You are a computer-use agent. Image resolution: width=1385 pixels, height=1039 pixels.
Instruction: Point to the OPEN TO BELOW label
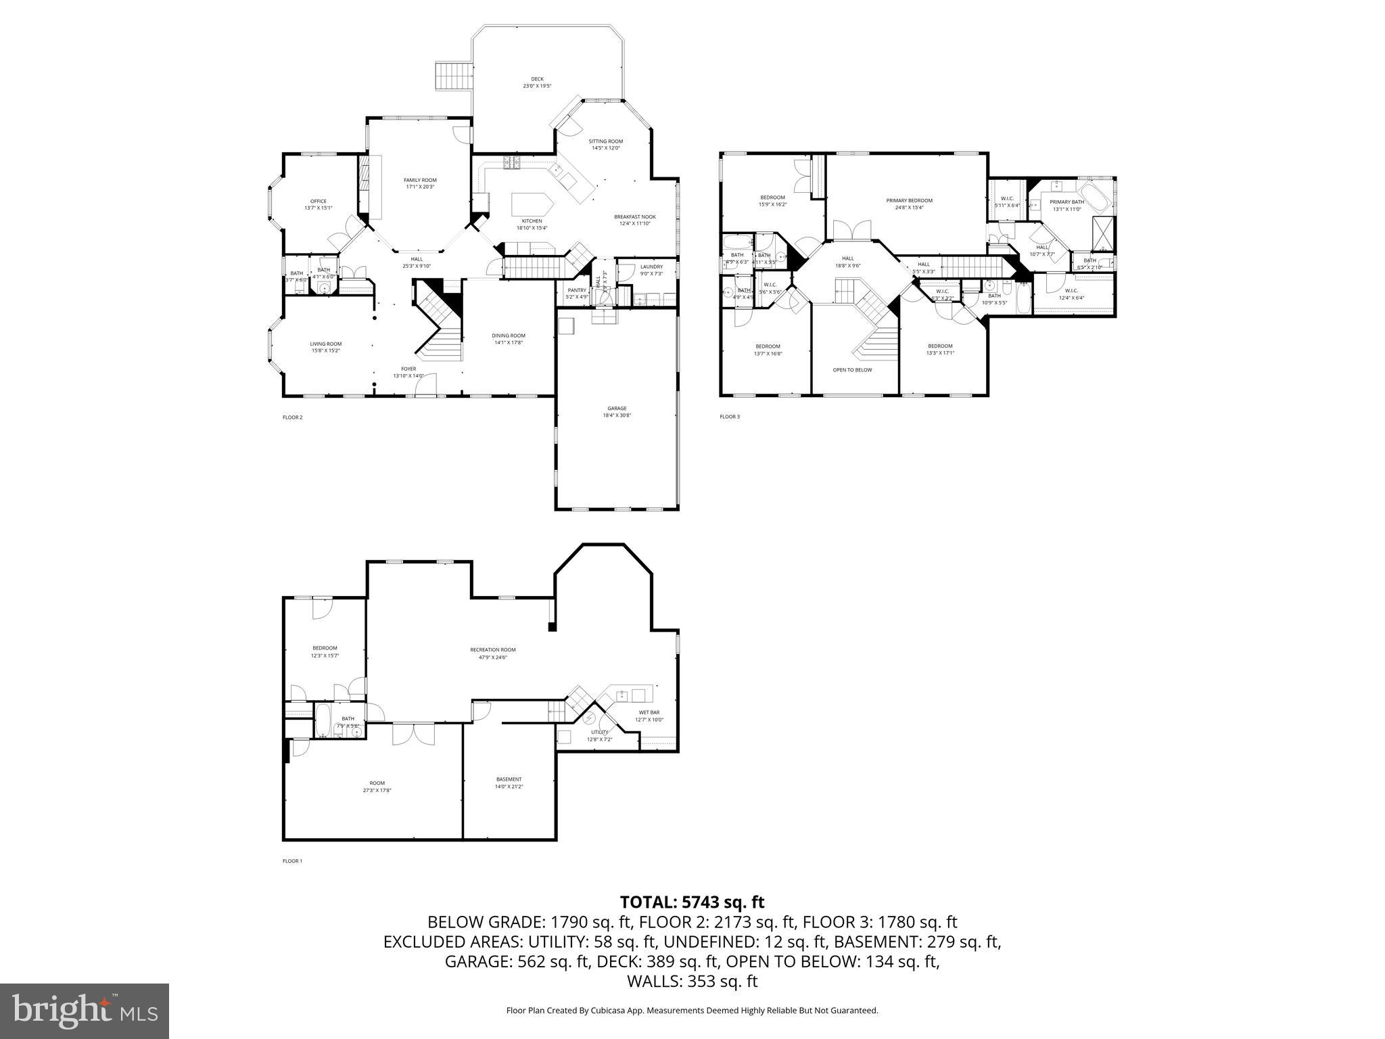[x=852, y=370]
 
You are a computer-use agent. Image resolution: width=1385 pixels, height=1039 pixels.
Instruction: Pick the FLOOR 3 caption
[x=729, y=417]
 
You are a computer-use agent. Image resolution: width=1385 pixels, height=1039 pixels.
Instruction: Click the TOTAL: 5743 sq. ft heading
[x=692, y=902]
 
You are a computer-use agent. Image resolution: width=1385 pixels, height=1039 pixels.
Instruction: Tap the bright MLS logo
[x=85, y=1011]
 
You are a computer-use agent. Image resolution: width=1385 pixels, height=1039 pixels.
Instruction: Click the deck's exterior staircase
[x=452, y=76]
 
